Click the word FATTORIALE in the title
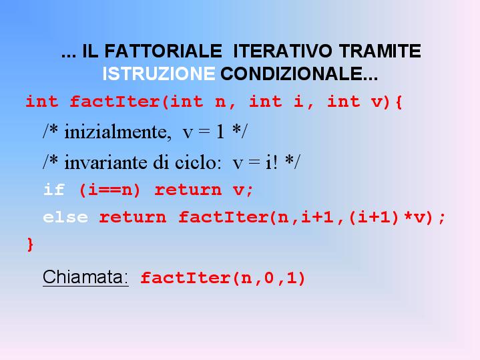(163, 51)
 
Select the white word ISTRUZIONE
(159, 74)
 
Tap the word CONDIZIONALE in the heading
(299, 74)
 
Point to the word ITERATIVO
(282, 51)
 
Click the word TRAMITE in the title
(380, 51)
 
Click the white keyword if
(54, 190)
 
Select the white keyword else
(65, 217)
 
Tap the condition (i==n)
(109, 190)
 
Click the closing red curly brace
(30, 244)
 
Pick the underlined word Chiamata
(85, 277)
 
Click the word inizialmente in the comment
(117, 132)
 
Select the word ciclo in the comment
(198, 162)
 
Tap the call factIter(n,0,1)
(223, 279)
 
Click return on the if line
(188, 190)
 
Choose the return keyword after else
(133, 218)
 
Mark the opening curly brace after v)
(399, 102)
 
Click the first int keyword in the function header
(42, 102)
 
